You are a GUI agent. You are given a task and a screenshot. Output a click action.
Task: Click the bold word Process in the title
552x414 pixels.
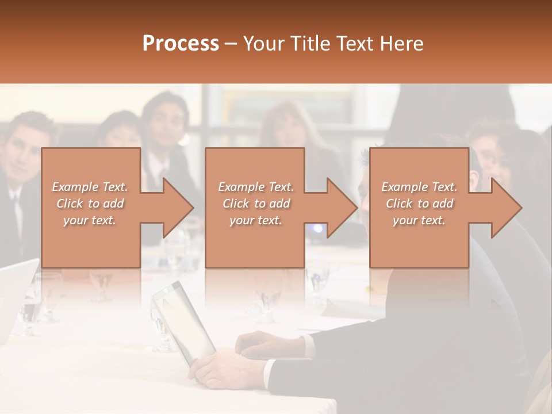[x=181, y=43]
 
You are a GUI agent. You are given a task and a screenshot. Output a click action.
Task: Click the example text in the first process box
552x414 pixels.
[x=90, y=204]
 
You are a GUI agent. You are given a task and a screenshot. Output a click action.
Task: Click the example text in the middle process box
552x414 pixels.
[x=256, y=204]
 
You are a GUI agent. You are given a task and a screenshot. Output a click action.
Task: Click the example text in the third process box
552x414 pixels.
[x=419, y=204]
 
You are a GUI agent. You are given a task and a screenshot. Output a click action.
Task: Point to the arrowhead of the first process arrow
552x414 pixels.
[x=178, y=208]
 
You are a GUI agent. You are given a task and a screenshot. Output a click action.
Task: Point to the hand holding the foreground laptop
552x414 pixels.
[x=216, y=368]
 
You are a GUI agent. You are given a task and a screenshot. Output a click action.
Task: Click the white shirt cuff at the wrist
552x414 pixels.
[x=268, y=372]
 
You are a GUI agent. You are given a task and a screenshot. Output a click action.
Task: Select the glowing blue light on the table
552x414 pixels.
[x=317, y=228]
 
